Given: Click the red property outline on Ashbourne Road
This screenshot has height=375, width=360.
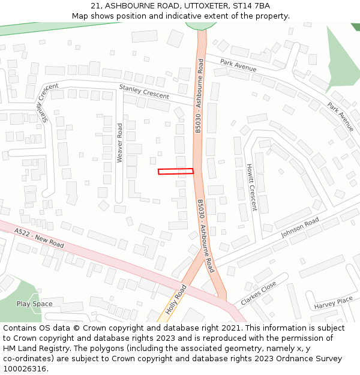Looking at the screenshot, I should tap(176, 172).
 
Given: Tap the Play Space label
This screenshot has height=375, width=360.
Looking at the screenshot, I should tap(34, 304).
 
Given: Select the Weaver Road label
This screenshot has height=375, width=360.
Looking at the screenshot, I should tap(119, 143).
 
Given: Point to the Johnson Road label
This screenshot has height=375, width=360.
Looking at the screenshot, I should tap(300, 228).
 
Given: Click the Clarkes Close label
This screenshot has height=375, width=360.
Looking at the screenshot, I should tap(259, 293).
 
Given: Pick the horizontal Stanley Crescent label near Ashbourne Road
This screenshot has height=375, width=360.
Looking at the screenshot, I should tap(144, 91).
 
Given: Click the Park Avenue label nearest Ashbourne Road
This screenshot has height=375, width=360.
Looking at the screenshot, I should tap(238, 65).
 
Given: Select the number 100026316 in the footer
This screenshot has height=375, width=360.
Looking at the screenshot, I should tap(25, 368).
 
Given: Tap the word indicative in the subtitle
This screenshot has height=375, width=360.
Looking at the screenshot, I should tap(172, 16).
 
